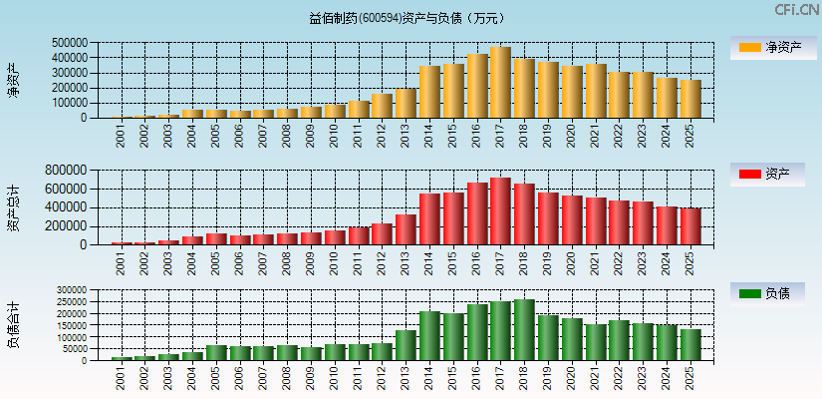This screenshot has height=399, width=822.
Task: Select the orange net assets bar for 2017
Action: coord(500,83)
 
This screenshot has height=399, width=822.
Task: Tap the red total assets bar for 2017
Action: coord(500,211)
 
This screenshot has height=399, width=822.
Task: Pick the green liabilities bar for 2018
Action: coord(524,329)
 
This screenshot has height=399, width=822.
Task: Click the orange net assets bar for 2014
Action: coord(429,92)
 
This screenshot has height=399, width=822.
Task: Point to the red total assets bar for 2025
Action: coord(690,226)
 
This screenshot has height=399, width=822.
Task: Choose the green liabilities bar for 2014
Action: coord(429,335)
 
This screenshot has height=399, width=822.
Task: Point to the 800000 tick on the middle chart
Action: coord(70,171)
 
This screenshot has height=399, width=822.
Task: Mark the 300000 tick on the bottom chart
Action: coord(73,290)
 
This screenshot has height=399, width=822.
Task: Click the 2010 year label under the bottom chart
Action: coord(335,378)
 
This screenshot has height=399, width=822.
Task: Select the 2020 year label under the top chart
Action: coord(572,136)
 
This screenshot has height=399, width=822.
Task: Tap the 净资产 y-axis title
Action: coord(13,80)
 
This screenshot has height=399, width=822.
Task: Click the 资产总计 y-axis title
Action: coord(13,208)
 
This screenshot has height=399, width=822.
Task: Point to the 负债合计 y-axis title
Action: coord(13,325)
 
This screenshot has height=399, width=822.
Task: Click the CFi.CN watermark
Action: coord(796,10)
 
